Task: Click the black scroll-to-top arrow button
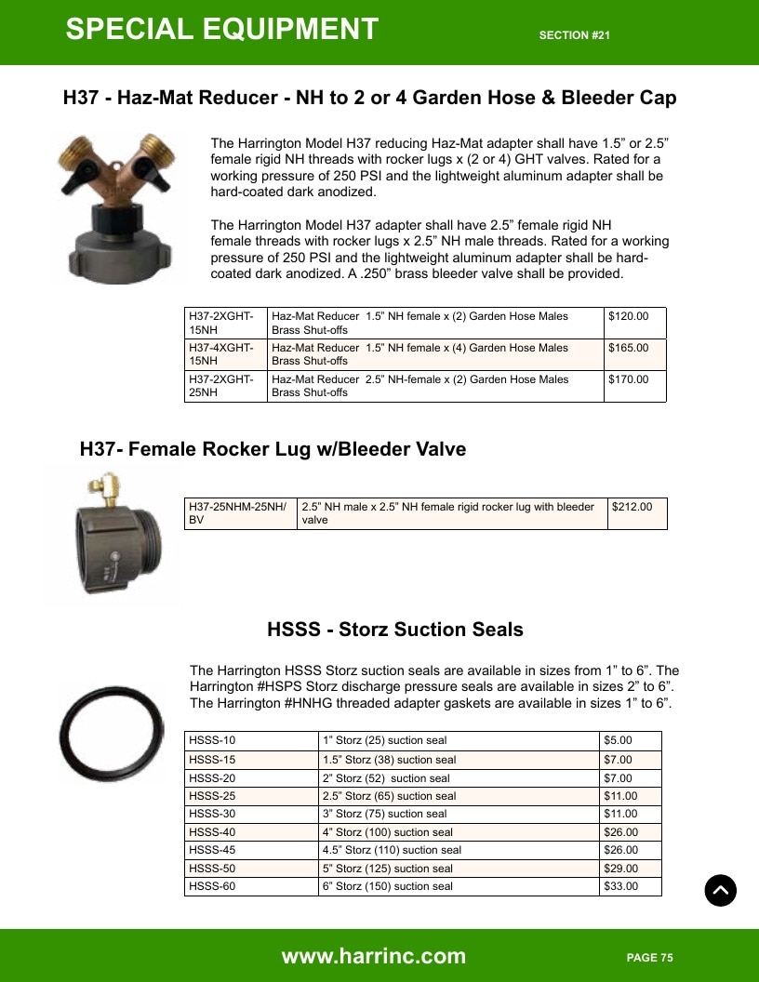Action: click(x=720, y=890)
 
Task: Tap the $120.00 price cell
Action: click(x=635, y=324)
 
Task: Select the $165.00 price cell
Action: click(x=635, y=354)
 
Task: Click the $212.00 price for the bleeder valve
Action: click(x=637, y=513)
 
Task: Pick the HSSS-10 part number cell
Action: click(x=251, y=740)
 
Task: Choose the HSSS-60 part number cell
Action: click(x=251, y=886)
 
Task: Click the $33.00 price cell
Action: click(x=631, y=886)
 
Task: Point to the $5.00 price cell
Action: click(x=631, y=740)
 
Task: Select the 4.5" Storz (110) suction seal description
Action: click(x=392, y=850)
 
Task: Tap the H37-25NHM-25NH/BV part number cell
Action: click(x=241, y=513)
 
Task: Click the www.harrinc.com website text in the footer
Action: click(x=374, y=956)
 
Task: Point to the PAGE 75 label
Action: click(x=650, y=958)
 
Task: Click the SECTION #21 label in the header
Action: click(x=575, y=35)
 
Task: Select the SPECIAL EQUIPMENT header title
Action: click(x=222, y=29)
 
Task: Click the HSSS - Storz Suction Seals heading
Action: click(x=395, y=629)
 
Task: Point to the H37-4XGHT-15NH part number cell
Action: click(x=225, y=354)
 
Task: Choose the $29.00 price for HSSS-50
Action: click(x=631, y=868)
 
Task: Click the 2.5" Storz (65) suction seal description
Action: click(x=390, y=796)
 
